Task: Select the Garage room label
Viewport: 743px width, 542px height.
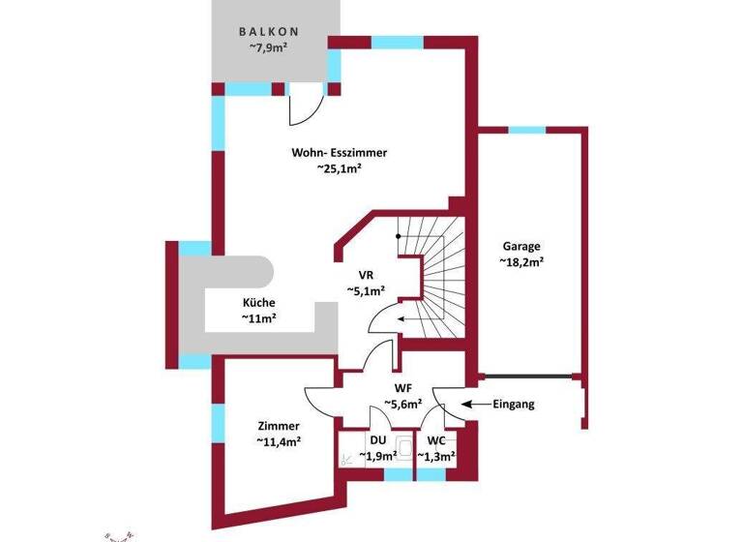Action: [520, 246]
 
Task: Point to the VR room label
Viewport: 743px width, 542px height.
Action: [367, 274]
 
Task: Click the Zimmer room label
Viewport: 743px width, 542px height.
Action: [279, 426]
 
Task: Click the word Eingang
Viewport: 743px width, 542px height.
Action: [514, 404]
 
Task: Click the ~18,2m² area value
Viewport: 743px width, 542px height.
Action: [521, 261]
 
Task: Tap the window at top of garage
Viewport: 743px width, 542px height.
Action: [527, 130]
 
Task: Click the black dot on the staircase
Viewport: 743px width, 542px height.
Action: [397, 236]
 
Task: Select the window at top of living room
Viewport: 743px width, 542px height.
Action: [397, 43]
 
